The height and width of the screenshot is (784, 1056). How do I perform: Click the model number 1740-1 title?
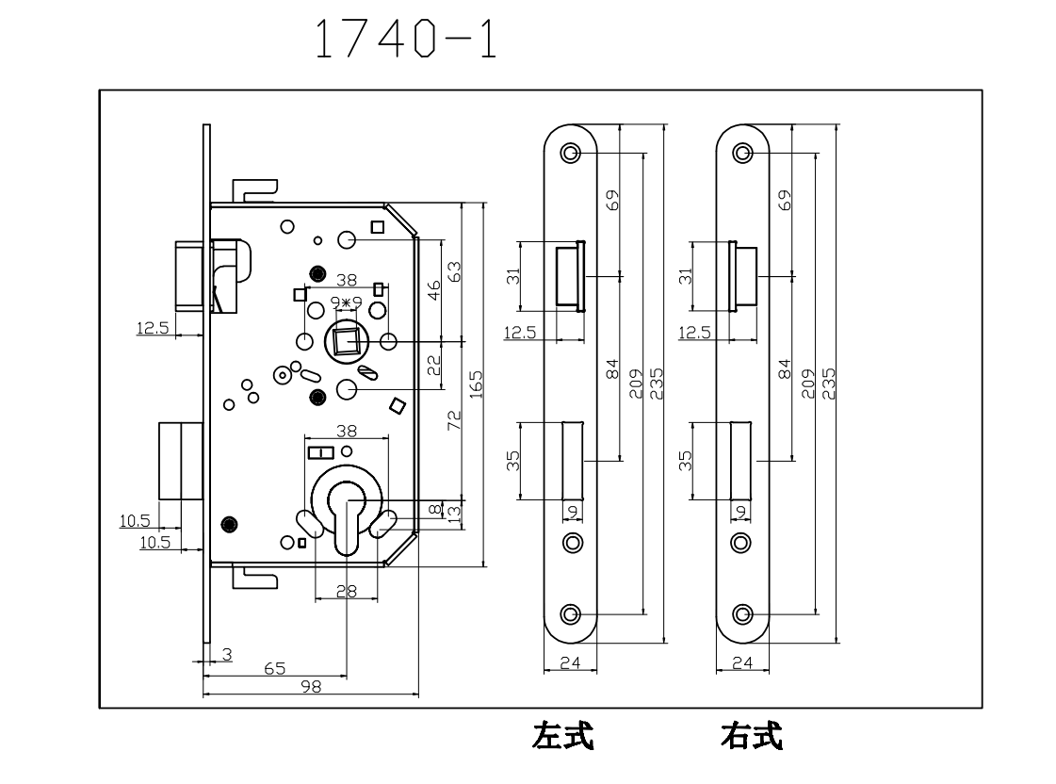click(x=405, y=41)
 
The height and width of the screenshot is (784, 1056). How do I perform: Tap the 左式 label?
click(x=562, y=736)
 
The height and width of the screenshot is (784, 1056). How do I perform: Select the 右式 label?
click(x=751, y=736)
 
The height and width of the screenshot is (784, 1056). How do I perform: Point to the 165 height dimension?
click(x=476, y=384)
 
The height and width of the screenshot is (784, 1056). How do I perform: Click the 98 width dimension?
click(x=310, y=687)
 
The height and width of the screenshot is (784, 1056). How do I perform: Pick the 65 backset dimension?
click(x=275, y=668)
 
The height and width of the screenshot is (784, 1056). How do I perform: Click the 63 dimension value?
click(x=455, y=272)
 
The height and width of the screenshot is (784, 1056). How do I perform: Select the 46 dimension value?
click(x=434, y=289)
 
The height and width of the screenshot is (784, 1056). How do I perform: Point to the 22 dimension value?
click(x=434, y=364)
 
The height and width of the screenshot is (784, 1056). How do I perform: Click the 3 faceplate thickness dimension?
click(x=227, y=652)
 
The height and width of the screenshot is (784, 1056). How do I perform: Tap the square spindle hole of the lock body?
click(x=346, y=340)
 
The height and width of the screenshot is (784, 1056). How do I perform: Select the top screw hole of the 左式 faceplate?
click(x=570, y=153)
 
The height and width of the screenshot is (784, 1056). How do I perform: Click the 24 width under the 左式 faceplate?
click(x=570, y=662)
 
